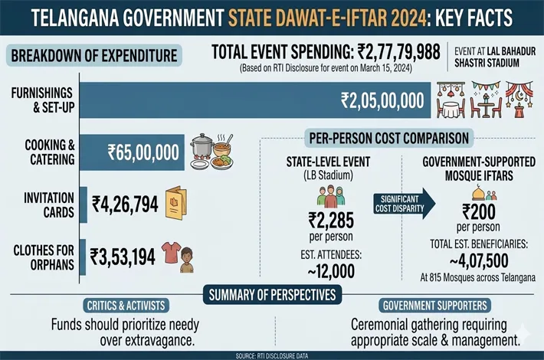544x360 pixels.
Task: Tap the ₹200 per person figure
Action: [x=481, y=213]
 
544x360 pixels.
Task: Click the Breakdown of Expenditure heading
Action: [x=93, y=55]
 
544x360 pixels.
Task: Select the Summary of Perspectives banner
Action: [x=272, y=294]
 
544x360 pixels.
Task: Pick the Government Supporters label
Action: [x=424, y=305]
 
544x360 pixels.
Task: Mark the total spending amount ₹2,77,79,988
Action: [x=401, y=52]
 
